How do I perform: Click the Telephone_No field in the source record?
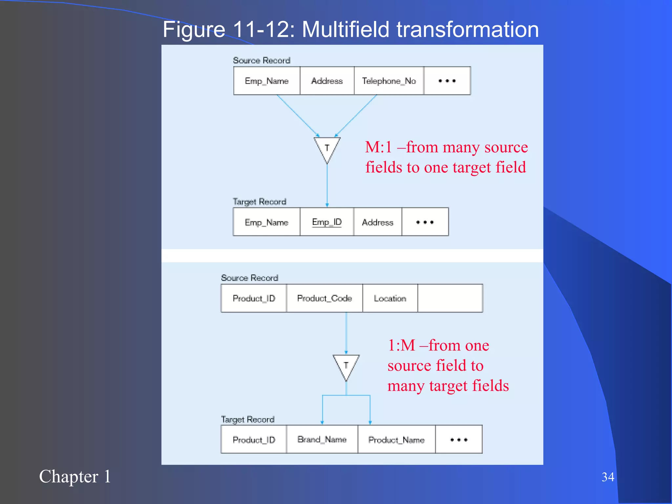click(389, 81)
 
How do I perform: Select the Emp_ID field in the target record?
click(327, 222)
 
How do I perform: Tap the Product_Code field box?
click(325, 298)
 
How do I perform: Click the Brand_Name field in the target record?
click(322, 439)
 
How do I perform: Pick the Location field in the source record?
click(390, 298)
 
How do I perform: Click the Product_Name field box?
click(396, 440)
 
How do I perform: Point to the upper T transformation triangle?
click(327, 148)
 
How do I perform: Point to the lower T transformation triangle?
click(346, 366)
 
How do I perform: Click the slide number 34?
click(608, 477)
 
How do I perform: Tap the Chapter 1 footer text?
click(75, 476)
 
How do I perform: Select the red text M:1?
click(378, 147)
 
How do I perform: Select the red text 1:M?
click(401, 345)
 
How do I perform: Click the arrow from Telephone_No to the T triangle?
click(356, 115)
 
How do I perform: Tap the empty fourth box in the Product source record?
click(450, 298)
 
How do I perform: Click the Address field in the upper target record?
click(377, 222)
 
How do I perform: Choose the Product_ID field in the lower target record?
click(254, 440)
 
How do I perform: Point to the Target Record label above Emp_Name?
click(260, 201)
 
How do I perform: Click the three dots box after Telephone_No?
click(447, 81)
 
